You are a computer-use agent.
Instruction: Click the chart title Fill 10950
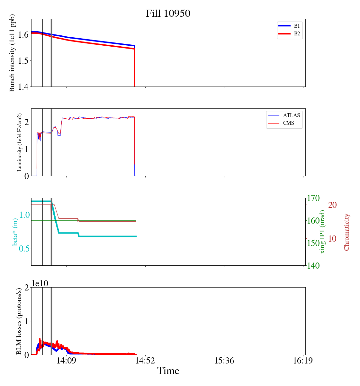[x=168, y=14]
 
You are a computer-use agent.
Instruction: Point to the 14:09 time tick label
[x=66, y=361]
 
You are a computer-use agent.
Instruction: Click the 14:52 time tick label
[x=145, y=361]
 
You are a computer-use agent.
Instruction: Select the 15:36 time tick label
[x=224, y=361]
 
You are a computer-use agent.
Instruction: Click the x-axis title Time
[x=168, y=371]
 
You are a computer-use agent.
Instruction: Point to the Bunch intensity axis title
[x=12, y=53]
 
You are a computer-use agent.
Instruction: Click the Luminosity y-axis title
[x=20, y=142]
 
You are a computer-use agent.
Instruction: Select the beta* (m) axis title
[x=15, y=232]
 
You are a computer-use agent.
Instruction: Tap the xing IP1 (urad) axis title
[x=323, y=232]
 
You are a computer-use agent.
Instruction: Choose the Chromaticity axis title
[x=346, y=232]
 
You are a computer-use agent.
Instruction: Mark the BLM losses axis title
[x=19, y=321]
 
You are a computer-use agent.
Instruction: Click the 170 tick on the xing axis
[x=314, y=198]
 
